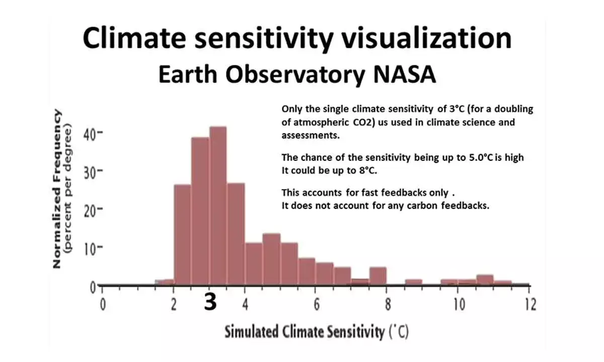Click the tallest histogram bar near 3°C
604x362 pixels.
(x=218, y=206)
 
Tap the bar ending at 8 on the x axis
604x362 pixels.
(x=377, y=277)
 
